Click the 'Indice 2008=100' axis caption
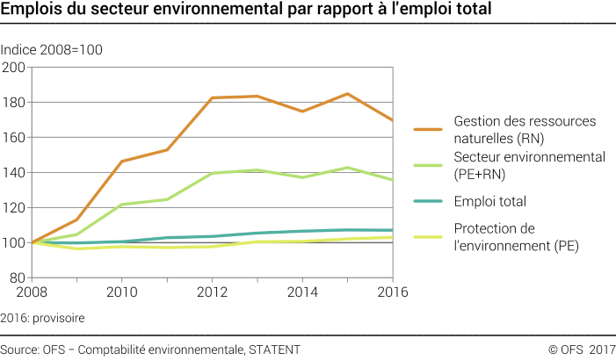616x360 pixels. point(52,50)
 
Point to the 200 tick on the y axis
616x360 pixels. point(14,68)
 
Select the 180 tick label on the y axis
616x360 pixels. point(14,103)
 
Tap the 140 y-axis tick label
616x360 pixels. point(14,173)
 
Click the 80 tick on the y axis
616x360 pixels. point(18,277)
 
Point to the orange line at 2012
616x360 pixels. point(212,98)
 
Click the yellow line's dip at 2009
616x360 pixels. point(76,248)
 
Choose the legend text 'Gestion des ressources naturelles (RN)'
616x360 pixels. point(512,128)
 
